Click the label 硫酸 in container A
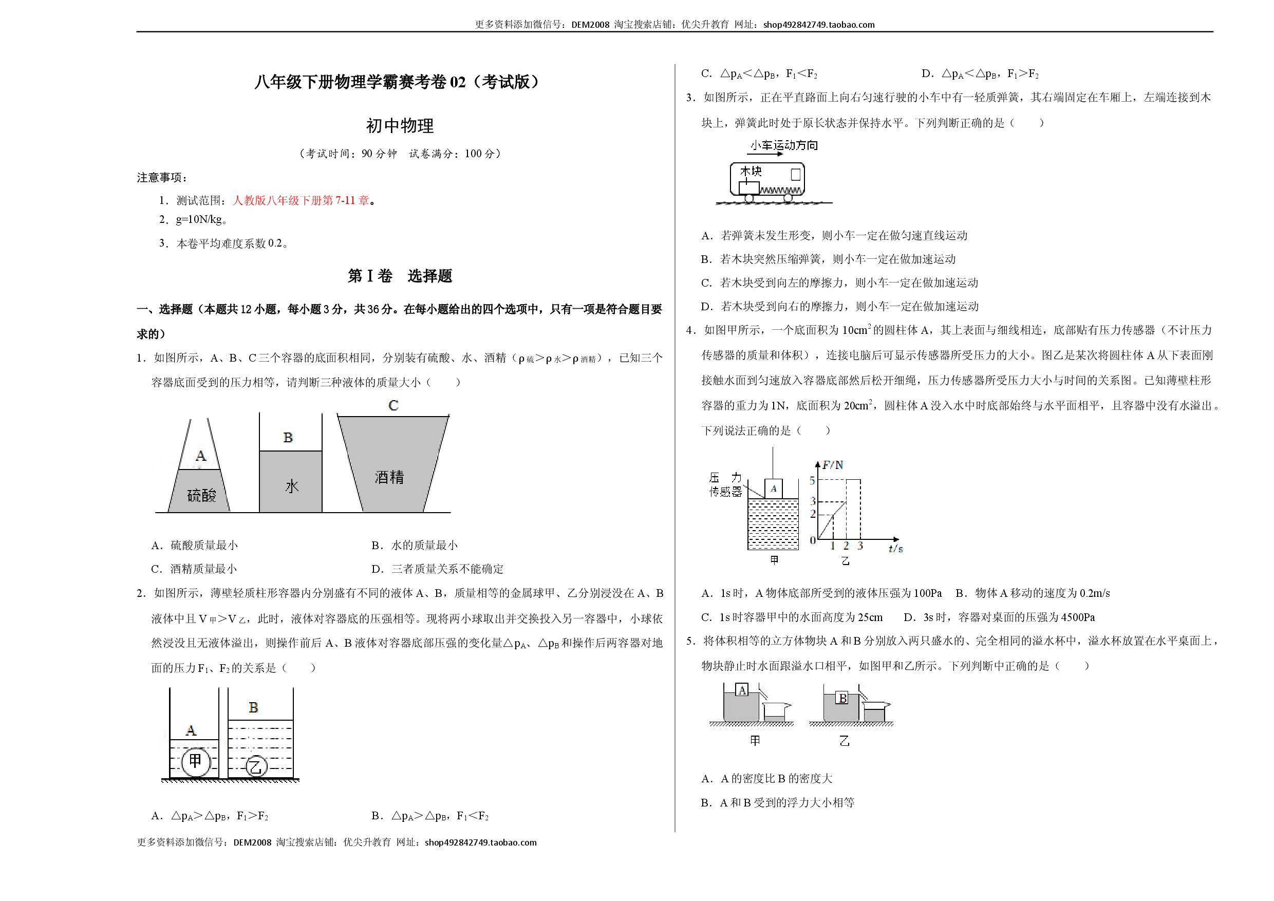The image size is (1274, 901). point(201,495)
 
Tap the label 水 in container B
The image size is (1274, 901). point(292,486)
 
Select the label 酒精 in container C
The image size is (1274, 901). point(389,477)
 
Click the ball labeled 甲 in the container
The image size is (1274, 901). point(196,761)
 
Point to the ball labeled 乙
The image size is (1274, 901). point(256,767)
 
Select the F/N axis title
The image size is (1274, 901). point(832,465)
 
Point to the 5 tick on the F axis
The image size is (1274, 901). point(812,480)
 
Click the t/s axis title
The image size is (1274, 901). point(895,548)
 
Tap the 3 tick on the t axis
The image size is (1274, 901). point(860,546)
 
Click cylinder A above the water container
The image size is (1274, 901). point(774,489)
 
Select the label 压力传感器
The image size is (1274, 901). point(725,484)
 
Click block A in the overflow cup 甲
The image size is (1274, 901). point(742,690)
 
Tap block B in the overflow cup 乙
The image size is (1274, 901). point(842,698)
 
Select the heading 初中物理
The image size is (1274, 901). point(400,126)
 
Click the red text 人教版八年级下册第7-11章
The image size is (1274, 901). point(301,200)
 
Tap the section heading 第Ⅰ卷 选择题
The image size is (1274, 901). point(400,276)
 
